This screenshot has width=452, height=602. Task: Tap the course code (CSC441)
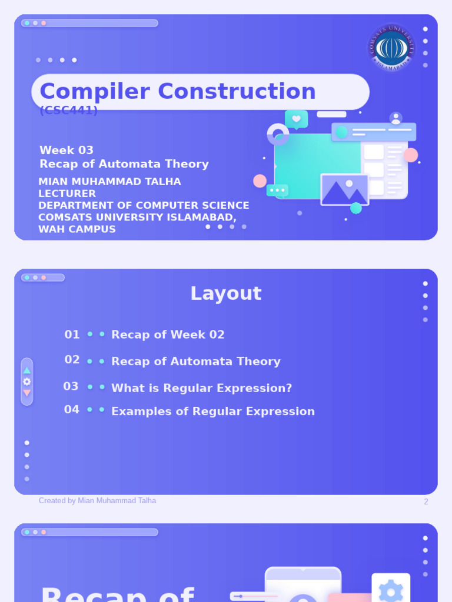[68, 111]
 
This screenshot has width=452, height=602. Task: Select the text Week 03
[67, 150]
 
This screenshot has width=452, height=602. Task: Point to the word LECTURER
[67, 194]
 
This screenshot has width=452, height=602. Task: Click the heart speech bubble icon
[296, 119]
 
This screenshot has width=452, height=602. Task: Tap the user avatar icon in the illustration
[395, 118]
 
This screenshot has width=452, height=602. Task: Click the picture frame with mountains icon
[344, 190]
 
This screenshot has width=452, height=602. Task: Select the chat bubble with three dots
[277, 190]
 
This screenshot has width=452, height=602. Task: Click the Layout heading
[225, 293]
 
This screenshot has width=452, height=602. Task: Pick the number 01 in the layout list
[72, 335]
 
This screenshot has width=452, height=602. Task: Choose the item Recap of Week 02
[168, 335]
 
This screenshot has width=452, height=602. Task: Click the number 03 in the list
[71, 386]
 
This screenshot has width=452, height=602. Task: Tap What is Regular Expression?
[201, 388]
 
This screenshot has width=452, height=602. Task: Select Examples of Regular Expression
[212, 412]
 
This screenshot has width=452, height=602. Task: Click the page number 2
[426, 502]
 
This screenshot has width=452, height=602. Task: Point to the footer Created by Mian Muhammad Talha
[97, 501]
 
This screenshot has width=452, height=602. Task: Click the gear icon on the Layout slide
[26, 382]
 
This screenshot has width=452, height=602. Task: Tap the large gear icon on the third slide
[391, 590]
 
